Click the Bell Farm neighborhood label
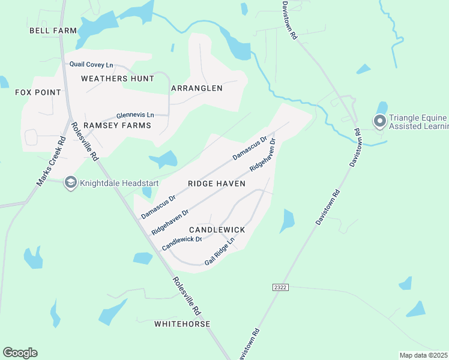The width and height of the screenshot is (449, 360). pos(53,31)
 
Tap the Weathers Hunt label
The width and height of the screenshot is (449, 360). pos(113,79)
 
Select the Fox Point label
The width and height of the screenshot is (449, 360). pos(38,92)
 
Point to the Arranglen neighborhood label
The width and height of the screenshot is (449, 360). pos(197,88)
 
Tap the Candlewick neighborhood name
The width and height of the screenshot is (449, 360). pos(217,230)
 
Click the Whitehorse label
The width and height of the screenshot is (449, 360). pos(182,324)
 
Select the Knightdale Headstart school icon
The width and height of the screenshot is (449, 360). pos(70,182)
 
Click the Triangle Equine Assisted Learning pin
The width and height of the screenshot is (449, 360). pos(379,122)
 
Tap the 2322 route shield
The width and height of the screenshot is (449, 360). pos(280,287)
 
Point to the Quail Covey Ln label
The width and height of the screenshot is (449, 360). pos(91,65)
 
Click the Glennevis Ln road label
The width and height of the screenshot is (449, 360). pos(135,115)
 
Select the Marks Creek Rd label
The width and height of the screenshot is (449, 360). pos(50,163)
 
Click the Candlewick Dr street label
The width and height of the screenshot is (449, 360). pos(181,243)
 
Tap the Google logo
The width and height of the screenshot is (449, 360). pos(20,353)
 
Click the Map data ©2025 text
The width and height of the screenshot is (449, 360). pos(423,355)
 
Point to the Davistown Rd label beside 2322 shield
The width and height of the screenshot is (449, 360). pos(328,208)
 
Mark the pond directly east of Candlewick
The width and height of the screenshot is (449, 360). pos(287,221)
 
